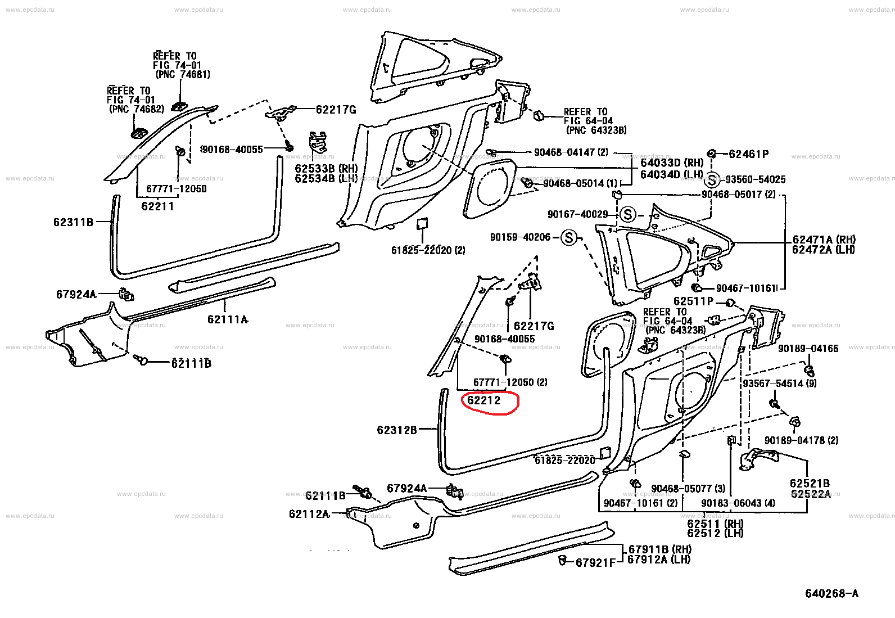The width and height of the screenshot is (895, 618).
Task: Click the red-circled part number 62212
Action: point(483,400)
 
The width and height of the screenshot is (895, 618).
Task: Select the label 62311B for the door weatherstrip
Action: point(73,222)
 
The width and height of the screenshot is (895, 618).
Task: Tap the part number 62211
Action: point(157,206)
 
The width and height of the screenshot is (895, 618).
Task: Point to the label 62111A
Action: point(227,319)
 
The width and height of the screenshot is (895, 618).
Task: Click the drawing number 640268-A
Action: point(831,593)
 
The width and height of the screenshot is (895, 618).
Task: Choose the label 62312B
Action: point(397,430)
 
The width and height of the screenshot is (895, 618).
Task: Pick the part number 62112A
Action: point(309,514)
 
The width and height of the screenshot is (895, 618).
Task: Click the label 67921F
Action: point(595,562)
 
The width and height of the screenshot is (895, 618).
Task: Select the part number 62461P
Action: point(748,154)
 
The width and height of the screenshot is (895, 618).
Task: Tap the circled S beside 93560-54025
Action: point(712,180)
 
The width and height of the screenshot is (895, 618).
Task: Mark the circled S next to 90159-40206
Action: point(569,238)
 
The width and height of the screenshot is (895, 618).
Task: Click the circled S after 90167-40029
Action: point(628,214)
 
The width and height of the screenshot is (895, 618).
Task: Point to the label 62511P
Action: point(693,301)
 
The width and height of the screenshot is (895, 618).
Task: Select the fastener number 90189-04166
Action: point(808,349)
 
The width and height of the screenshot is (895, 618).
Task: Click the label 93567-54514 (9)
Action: point(779,384)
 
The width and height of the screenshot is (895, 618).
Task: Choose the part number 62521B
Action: point(810,484)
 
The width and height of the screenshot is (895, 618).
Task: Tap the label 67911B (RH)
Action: point(659,549)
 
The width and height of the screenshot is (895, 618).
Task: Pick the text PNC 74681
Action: point(183,74)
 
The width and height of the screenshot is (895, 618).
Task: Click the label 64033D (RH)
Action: point(672,163)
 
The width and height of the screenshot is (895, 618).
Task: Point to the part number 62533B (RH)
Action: point(326,169)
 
